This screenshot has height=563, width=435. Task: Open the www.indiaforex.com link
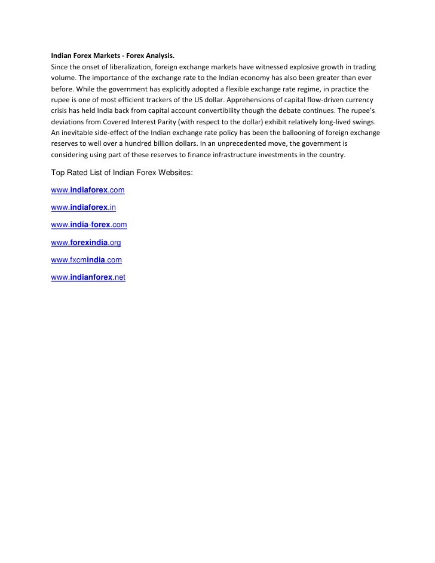pos(88,190)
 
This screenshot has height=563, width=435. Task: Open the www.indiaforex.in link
pos(83,207)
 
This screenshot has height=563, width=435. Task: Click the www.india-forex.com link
pos(89,225)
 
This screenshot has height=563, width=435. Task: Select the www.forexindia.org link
pos(86,243)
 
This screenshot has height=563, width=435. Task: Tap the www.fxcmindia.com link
pos(87,260)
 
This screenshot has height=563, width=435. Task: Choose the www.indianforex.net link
pos(88,277)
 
